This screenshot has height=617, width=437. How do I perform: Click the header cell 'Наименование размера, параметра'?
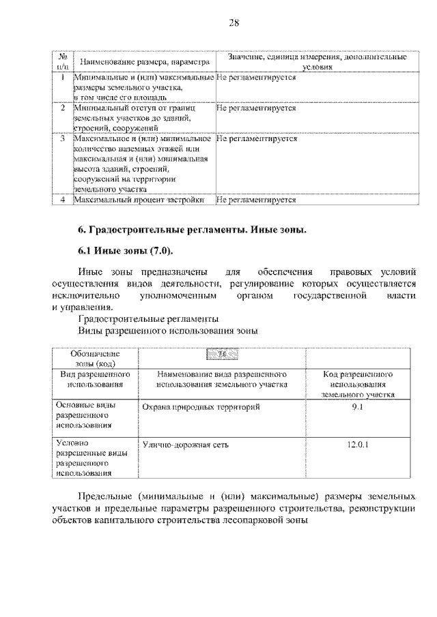(x=141, y=63)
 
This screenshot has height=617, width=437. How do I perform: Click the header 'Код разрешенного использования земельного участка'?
(x=360, y=385)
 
